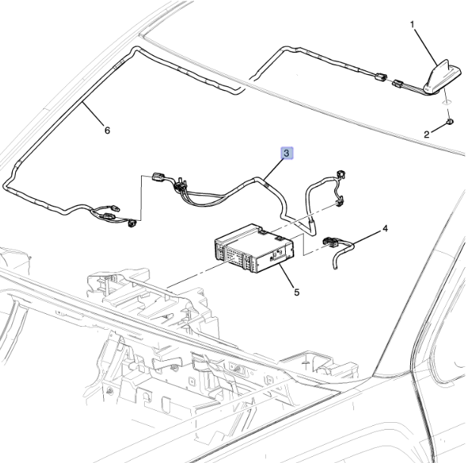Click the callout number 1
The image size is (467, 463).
click(412, 24)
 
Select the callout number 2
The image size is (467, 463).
click(427, 135)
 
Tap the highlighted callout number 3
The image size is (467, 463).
click(287, 154)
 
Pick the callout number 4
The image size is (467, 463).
click(385, 228)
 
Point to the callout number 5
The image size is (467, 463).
click(296, 293)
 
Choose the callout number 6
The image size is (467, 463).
click(107, 130)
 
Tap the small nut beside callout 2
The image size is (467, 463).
click(450, 121)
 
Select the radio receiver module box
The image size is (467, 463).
click(254, 248)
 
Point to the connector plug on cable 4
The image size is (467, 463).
click(331, 241)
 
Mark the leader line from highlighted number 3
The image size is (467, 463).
click(272, 169)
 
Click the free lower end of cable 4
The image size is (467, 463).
click(335, 268)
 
